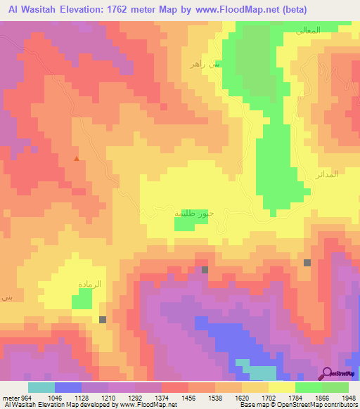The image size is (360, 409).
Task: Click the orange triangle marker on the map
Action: coord(77,159)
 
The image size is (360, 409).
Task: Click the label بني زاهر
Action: coord(205,64)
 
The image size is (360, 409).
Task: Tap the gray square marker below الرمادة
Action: coord(103,320)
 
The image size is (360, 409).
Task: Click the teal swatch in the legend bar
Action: coord(41,387)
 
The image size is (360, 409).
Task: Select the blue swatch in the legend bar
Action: coord(67,387)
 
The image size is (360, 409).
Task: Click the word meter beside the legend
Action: coord(10,397)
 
